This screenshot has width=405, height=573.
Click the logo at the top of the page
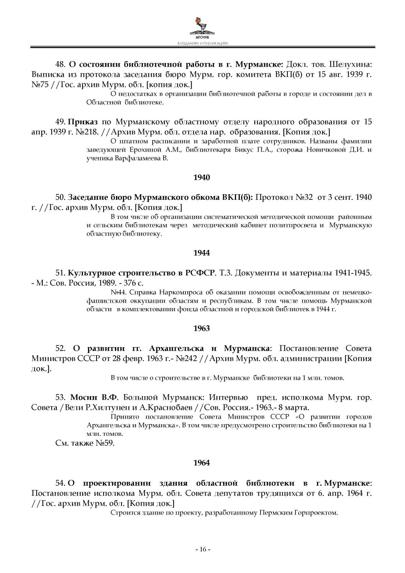point(202,26)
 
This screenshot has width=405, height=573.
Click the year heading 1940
point(201,178)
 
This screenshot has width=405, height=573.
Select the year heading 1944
point(201,253)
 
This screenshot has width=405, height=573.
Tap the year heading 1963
point(201,328)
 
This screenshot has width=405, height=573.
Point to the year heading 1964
point(201,463)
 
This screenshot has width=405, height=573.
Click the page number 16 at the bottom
point(202,549)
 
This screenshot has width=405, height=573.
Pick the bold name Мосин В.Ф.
point(93,398)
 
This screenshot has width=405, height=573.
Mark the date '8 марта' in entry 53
point(296,408)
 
